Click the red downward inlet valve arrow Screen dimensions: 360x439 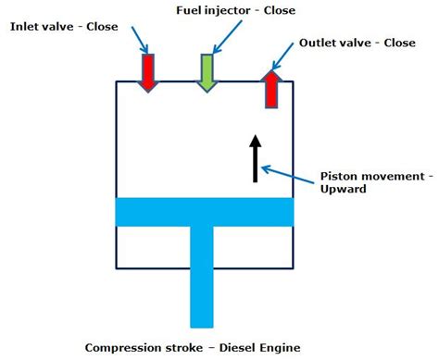pyautogui.click(x=148, y=72)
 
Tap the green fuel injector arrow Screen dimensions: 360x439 pyautogui.click(x=207, y=72)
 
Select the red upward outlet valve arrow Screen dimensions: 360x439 pyautogui.click(x=270, y=88)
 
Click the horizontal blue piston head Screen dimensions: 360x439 pyautogui.click(x=204, y=211)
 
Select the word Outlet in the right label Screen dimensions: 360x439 pyautogui.click(x=320, y=43)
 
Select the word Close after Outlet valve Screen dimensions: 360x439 pyautogui.click(x=399, y=43)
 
